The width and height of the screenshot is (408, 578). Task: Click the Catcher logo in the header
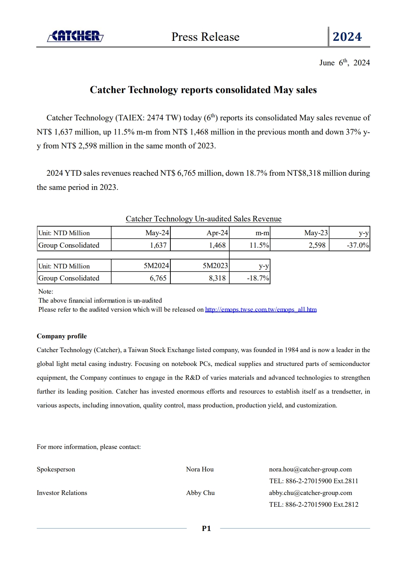[x=75, y=36]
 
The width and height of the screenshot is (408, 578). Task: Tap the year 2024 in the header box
[x=347, y=37]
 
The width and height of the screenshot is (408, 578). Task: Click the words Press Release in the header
[x=205, y=37]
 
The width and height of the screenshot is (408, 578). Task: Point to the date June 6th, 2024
[x=344, y=63]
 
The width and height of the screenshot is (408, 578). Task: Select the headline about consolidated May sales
[x=203, y=90]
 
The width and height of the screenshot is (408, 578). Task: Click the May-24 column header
[x=157, y=233]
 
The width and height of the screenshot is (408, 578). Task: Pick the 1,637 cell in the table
[x=158, y=245]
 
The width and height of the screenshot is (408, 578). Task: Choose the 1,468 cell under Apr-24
[x=217, y=245]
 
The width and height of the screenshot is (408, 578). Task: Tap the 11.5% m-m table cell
[x=259, y=245]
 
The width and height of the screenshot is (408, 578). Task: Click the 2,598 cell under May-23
[x=317, y=245]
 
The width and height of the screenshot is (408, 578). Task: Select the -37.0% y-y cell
[x=358, y=245]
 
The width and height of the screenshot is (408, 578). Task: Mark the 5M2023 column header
[x=215, y=266]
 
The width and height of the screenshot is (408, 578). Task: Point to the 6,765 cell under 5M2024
[x=158, y=278]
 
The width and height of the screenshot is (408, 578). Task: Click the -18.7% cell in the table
[x=258, y=278]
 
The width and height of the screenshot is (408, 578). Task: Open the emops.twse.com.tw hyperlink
[x=260, y=310]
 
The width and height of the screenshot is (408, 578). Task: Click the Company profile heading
[x=62, y=336]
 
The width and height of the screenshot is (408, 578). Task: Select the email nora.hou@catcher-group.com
[x=310, y=469]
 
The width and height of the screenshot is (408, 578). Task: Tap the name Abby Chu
[x=200, y=493]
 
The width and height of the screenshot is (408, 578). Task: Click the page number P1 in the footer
[x=206, y=528]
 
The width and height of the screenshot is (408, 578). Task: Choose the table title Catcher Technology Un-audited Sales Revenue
[x=203, y=219]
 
